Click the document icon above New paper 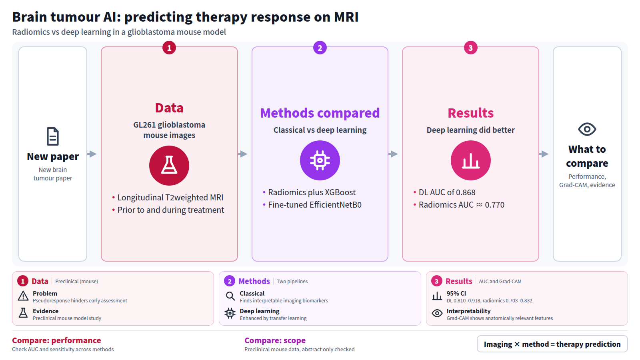click(53, 136)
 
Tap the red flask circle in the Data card click(169, 166)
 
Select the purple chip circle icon click(320, 160)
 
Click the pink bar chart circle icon click(470, 160)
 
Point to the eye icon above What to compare click(587, 129)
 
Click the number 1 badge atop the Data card click(169, 48)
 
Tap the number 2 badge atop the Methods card click(320, 48)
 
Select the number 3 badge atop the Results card click(470, 48)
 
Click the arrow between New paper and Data click(92, 154)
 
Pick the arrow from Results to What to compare click(544, 154)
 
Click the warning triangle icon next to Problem click(23, 296)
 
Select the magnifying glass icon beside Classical click(230, 296)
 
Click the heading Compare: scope click(275, 340)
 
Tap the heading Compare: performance click(56, 340)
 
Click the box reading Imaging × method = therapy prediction click(552, 344)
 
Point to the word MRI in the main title click(346, 17)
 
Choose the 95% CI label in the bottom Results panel click(456, 294)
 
